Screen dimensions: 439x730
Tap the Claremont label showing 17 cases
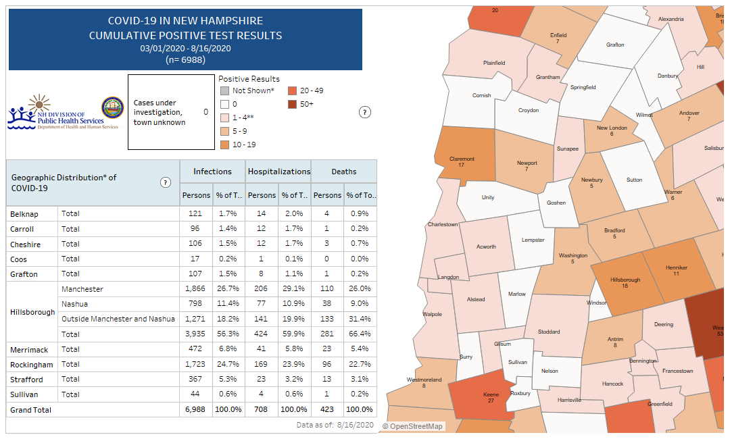point(462,162)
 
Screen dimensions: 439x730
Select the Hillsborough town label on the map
point(625,282)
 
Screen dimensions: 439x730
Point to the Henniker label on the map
point(676,270)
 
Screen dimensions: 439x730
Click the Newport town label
point(527,165)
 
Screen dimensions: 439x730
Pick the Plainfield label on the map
point(494,63)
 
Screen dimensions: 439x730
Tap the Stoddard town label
point(549,332)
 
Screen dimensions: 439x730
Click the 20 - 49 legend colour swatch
point(292,91)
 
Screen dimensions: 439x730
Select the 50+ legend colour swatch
point(292,104)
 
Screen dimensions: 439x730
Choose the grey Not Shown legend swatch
point(224,91)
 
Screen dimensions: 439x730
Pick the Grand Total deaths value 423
point(327,409)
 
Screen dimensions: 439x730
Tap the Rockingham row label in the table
point(26,365)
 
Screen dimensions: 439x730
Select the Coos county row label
point(19,259)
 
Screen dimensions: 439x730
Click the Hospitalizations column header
point(278,172)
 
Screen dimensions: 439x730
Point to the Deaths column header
point(343,172)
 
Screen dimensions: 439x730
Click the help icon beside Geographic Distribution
point(166,182)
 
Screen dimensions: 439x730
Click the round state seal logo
point(112,108)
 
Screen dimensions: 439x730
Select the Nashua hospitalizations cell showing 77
point(262,304)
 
